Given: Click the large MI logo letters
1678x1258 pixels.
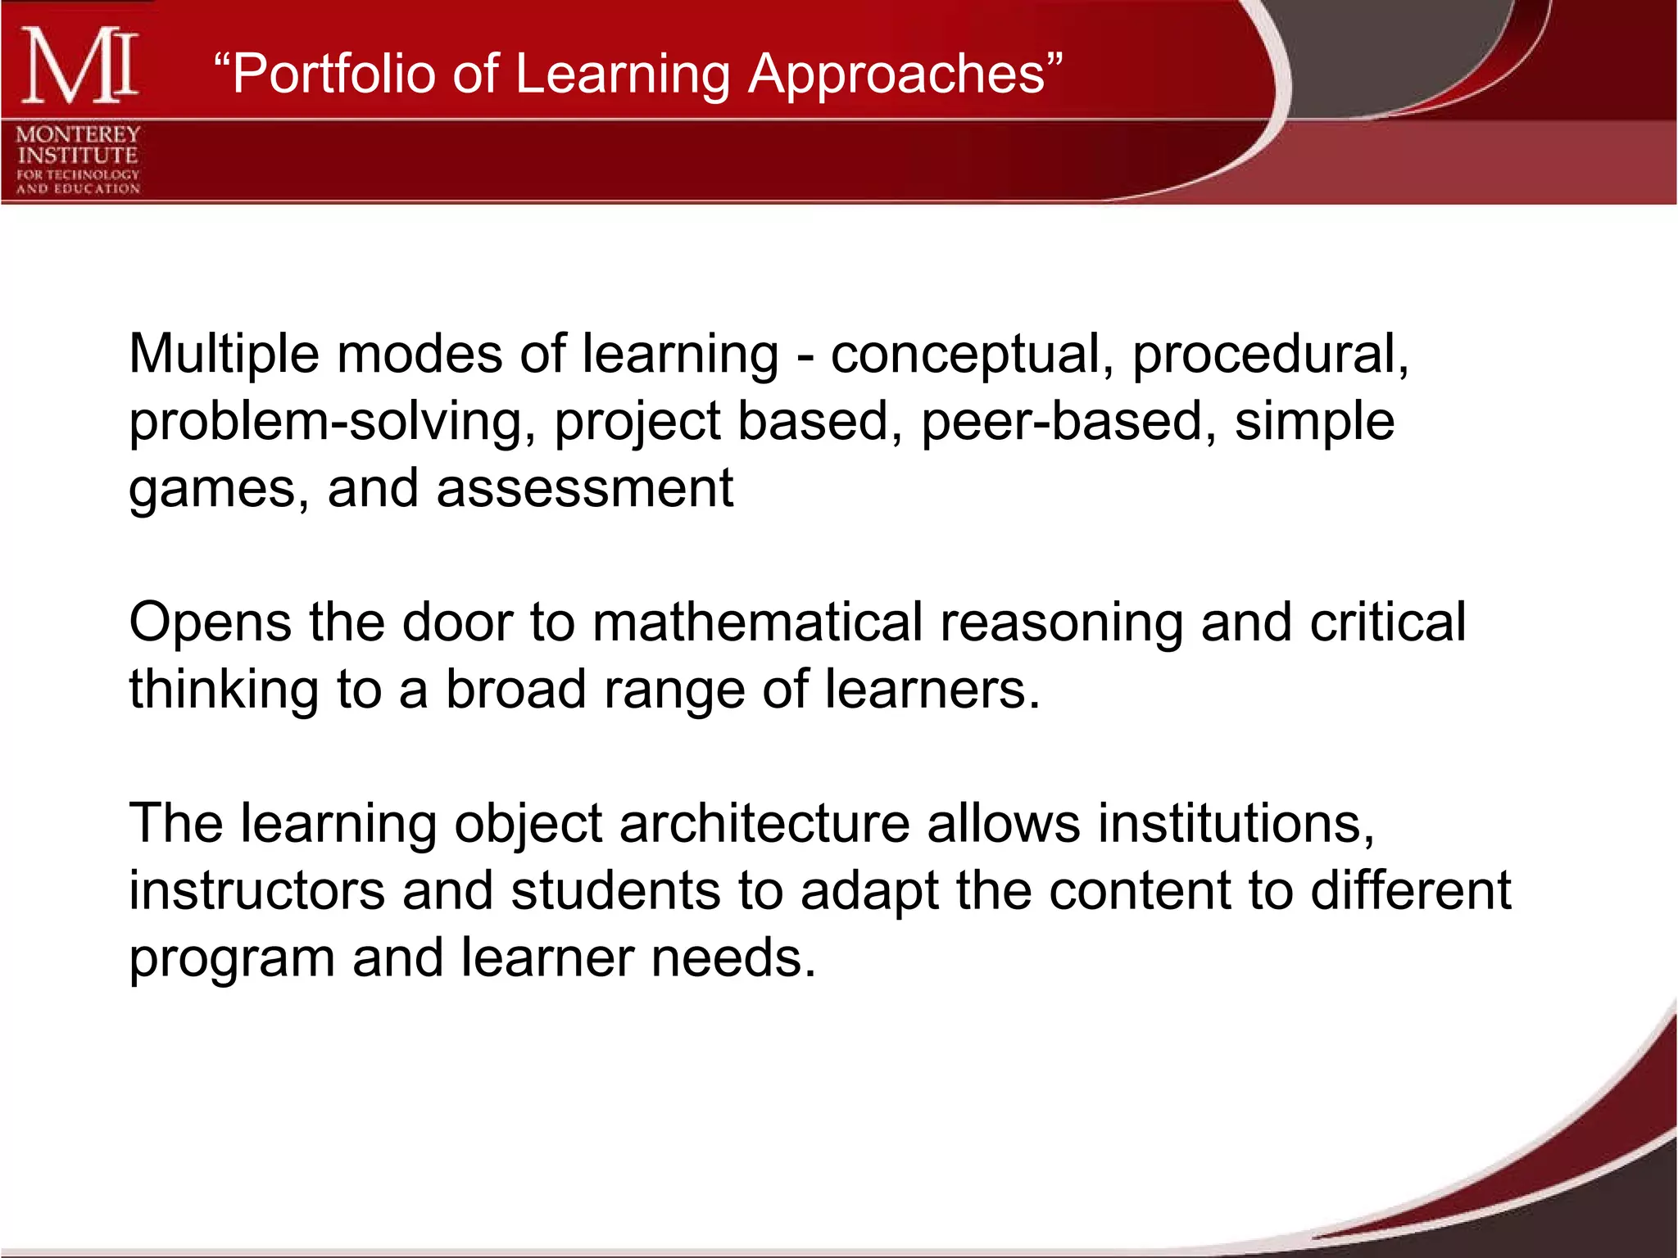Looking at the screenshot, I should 79,66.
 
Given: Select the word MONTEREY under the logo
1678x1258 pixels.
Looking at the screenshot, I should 78,133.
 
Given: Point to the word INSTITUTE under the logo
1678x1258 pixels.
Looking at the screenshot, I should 78,155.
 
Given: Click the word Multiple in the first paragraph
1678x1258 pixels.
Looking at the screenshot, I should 224,355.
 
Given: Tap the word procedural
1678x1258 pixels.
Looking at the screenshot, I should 1269,355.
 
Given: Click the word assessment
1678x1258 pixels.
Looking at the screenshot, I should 584,489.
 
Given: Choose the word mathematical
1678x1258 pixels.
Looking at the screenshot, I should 757,622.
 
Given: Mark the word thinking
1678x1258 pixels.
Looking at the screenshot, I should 224,690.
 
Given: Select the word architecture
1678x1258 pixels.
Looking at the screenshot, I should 764,823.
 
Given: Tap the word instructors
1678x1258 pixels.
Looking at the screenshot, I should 256,891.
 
